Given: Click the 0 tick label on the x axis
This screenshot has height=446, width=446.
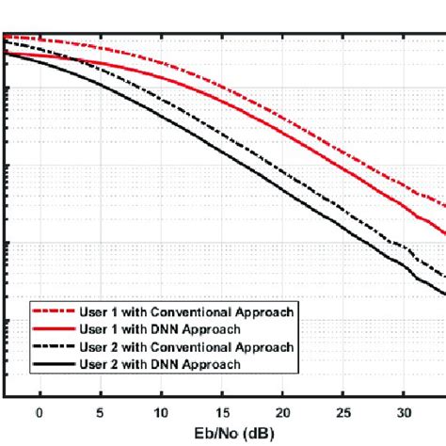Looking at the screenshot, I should (x=40, y=412).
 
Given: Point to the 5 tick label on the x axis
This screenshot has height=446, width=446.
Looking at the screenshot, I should (x=100, y=412).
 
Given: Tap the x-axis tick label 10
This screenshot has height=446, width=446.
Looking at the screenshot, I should (x=161, y=412).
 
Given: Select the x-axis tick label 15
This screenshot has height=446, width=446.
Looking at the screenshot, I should (x=222, y=412).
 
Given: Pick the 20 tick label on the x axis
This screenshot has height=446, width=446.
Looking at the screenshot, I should (x=282, y=412).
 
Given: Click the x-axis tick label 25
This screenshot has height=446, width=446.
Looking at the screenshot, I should (x=343, y=412).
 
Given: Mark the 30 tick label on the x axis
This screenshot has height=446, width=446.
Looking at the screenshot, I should (x=404, y=412).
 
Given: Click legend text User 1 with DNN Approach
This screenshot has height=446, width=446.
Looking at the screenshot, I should (x=159, y=328).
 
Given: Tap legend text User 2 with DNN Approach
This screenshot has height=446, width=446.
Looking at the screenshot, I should (x=159, y=363).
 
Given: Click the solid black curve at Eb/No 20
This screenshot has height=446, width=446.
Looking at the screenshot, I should (x=282, y=188).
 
